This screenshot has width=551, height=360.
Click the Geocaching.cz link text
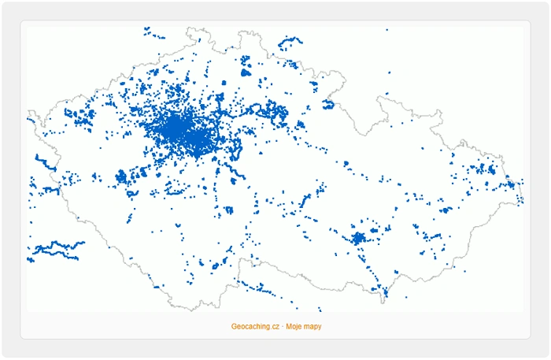click(x=255, y=326)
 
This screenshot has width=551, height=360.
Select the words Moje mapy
click(x=304, y=326)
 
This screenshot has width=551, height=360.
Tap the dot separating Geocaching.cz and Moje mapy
click(x=283, y=326)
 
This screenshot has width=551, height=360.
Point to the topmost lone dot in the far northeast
click(x=386, y=30)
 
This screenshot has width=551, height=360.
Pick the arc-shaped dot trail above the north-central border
click(x=290, y=40)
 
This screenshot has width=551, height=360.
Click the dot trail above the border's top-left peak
click(x=154, y=34)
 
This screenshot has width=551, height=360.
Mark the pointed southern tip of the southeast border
click(x=386, y=298)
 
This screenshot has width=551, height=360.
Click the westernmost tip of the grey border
click(x=28, y=120)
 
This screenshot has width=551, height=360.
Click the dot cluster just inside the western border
click(x=79, y=118)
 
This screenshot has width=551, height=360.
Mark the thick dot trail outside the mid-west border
click(x=46, y=164)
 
